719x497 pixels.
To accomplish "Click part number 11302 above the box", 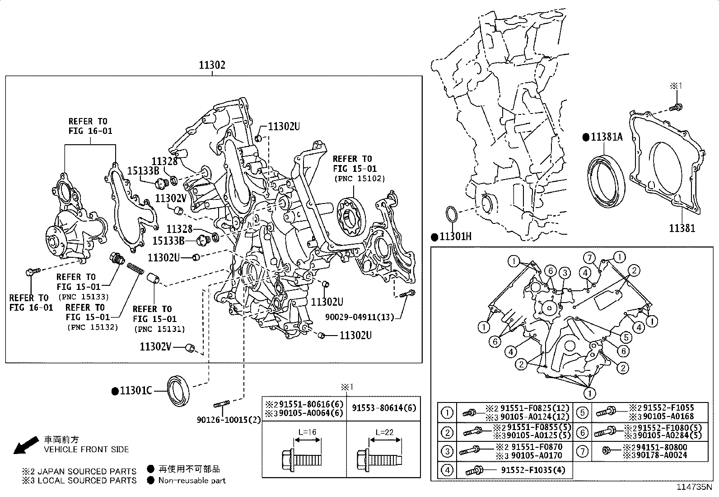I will [x=212, y=65].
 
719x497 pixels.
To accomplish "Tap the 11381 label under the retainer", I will [x=682, y=228].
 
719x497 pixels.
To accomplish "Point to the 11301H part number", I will [x=455, y=237].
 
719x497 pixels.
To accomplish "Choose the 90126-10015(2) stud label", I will [x=229, y=420].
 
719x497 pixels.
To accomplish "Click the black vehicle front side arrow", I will [x=25, y=445].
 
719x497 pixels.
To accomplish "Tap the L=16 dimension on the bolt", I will [x=307, y=432].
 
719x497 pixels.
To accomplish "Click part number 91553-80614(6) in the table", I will [x=383, y=408].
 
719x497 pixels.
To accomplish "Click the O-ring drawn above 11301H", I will [x=452, y=216].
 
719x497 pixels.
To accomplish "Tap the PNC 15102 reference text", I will [x=359, y=179].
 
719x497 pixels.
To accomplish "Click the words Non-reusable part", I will [x=191, y=480].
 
